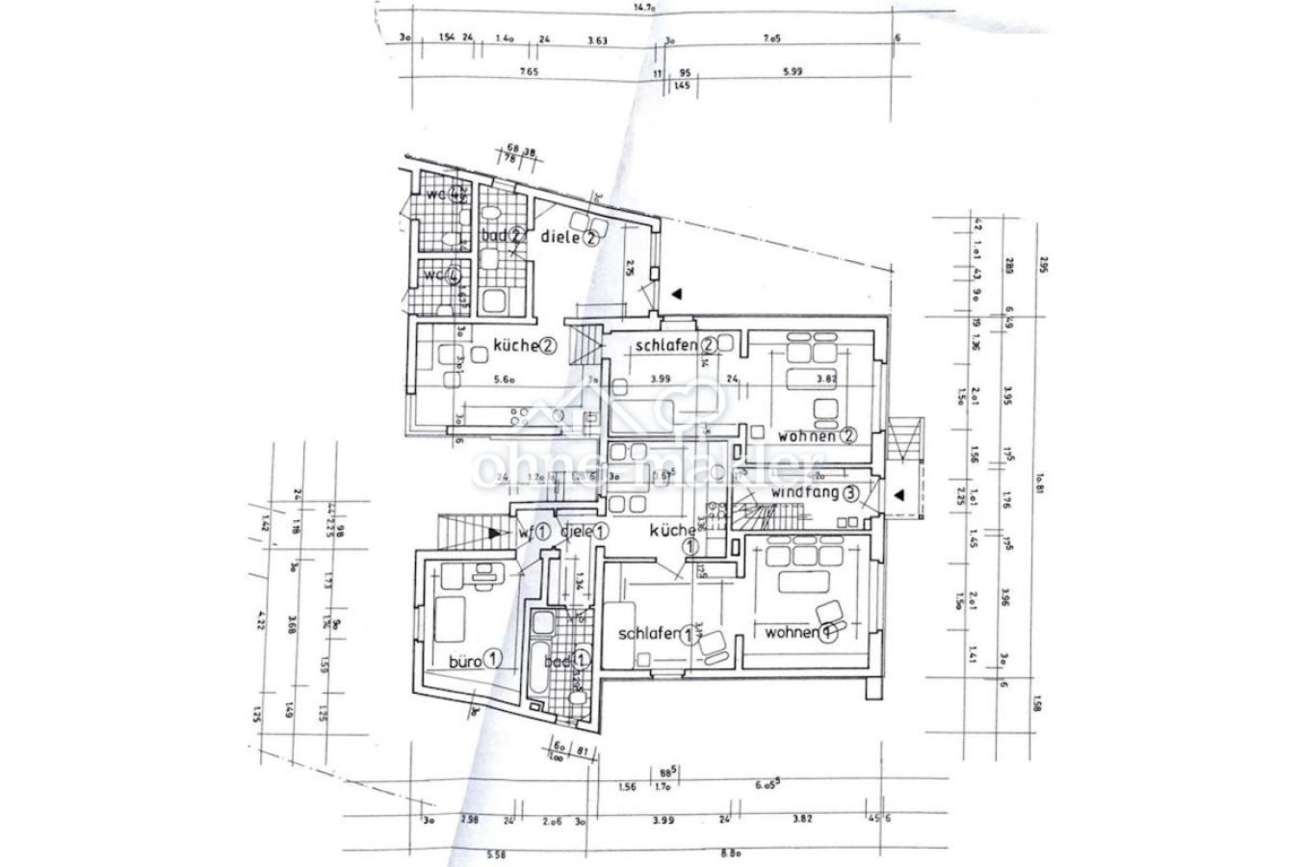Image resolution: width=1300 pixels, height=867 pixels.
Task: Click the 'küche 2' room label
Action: [x=526, y=345]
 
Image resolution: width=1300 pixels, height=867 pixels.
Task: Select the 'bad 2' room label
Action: [x=502, y=235]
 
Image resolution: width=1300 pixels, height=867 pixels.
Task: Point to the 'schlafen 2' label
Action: [x=675, y=345]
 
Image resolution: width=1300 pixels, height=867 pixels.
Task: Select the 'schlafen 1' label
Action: [x=660, y=635]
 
